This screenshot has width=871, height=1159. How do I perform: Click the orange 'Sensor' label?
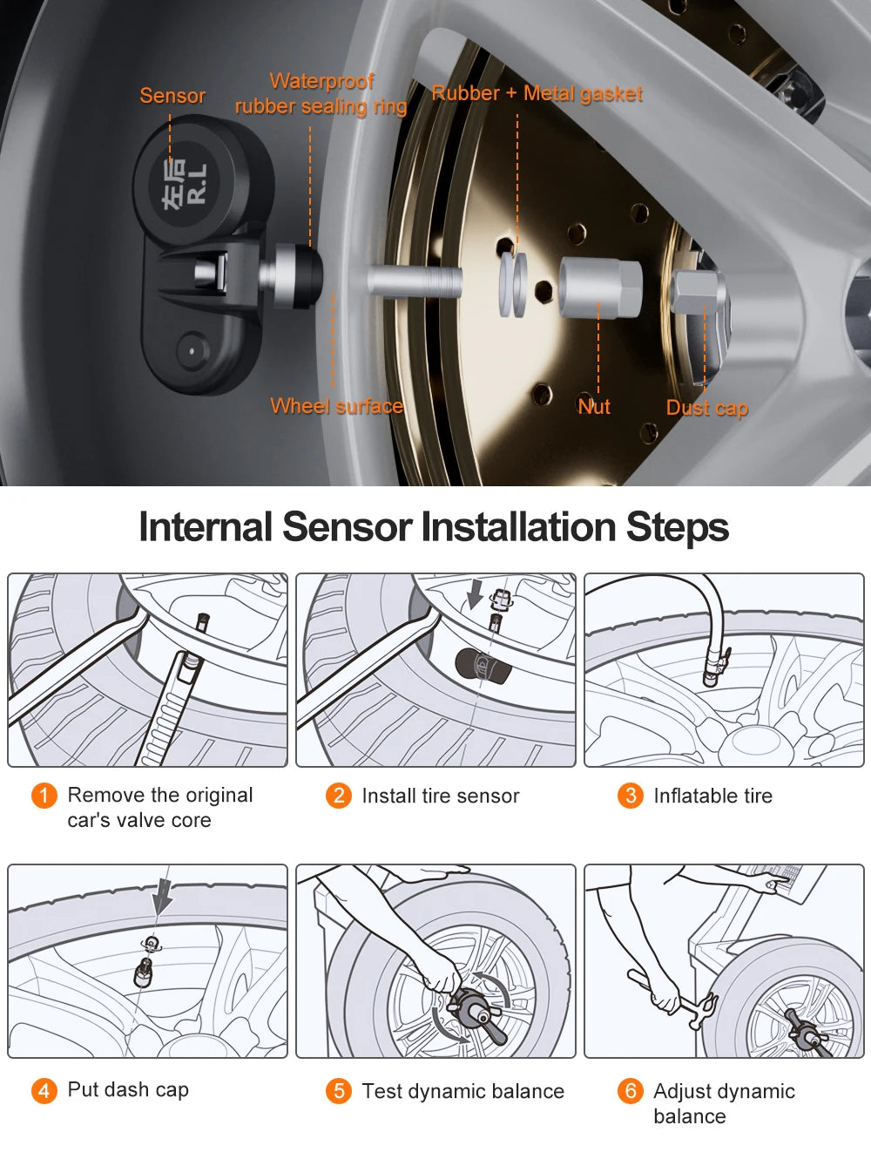coord(172,96)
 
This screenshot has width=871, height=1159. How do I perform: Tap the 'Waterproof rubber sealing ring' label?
coord(321,94)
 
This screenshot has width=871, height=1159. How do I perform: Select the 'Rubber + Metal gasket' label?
coord(537,93)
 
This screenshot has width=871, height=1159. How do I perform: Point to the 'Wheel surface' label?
coord(336,406)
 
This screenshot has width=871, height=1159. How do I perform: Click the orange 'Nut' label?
coord(594,407)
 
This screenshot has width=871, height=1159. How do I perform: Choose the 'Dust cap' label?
coord(706,408)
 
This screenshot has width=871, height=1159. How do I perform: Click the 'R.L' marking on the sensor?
coord(197,184)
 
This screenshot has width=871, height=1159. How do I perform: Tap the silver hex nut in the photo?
coord(599,287)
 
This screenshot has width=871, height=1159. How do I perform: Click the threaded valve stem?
coord(414,282)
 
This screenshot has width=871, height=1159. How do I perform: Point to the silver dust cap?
coord(698,292)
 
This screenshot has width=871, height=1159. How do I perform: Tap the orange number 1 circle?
coord(44,796)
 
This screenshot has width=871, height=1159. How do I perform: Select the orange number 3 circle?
coord(630,796)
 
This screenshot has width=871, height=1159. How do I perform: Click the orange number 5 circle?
coord(338,1091)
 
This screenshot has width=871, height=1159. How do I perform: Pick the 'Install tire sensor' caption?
coord(440,796)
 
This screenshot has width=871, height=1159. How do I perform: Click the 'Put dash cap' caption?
coord(128,1090)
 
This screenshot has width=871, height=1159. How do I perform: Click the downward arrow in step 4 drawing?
coord(162,898)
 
